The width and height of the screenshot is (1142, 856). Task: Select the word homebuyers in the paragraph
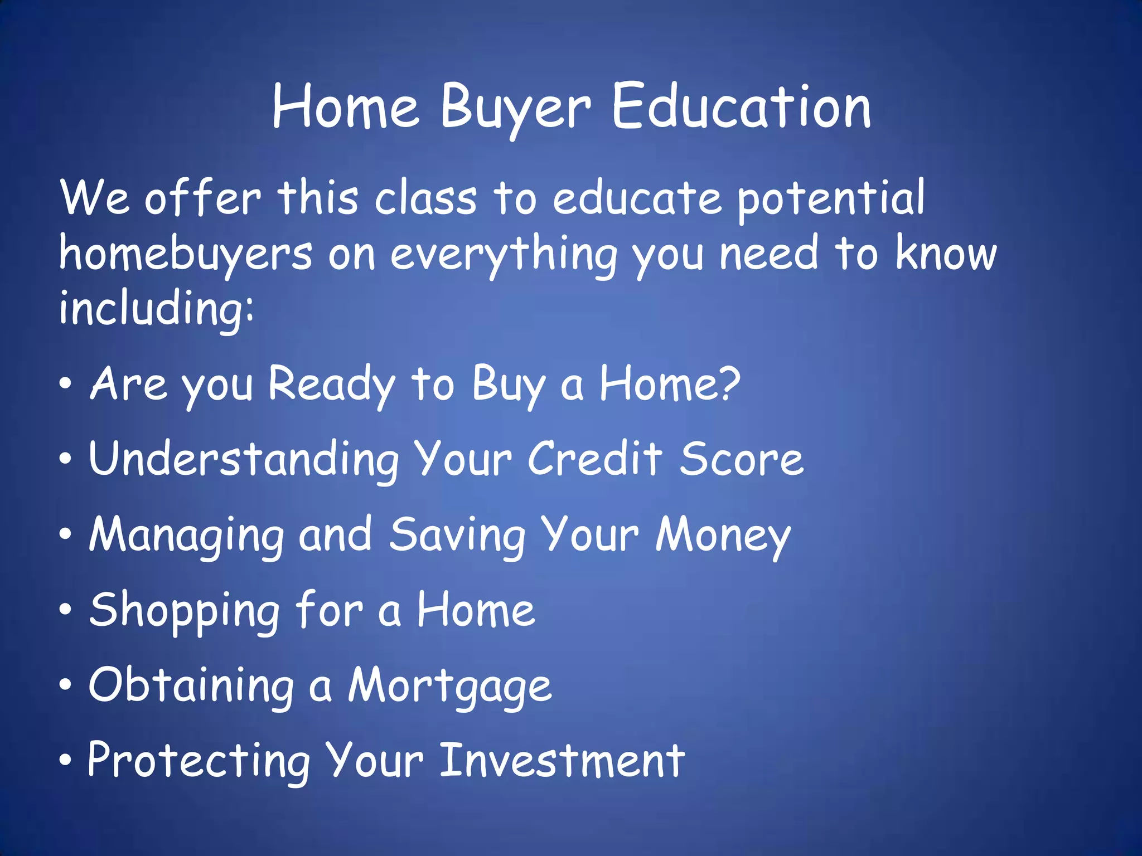point(185,254)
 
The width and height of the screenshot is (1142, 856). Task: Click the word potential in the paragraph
point(831,200)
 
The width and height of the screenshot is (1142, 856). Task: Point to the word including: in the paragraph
point(156,309)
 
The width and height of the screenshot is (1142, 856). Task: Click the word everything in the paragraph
point(504,254)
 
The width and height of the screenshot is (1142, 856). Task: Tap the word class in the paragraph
point(425,198)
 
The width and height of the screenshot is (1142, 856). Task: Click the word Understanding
point(244,459)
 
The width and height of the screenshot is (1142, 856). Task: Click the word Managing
point(187,535)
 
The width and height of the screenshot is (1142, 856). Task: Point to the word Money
point(723,535)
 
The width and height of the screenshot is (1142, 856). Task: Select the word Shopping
point(185,611)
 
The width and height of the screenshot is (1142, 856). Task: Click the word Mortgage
point(450,686)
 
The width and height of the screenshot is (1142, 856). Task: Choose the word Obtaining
point(191,686)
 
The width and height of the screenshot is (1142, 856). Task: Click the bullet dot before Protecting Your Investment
point(66,760)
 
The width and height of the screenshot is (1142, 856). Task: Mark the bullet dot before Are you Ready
point(66,383)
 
